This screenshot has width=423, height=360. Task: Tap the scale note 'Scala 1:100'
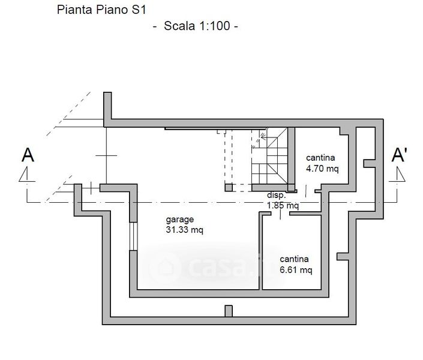(196, 27)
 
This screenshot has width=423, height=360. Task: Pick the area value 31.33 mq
(185, 230)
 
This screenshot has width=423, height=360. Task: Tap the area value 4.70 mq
(322, 169)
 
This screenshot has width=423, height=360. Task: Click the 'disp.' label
(277, 196)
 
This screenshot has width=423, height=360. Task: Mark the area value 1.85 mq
(283, 205)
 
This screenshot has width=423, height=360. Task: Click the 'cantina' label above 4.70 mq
(320, 158)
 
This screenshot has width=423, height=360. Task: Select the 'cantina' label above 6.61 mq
(294, 259)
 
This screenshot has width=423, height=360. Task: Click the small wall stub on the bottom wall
(228, 311)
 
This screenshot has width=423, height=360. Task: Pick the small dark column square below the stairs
(229, 188)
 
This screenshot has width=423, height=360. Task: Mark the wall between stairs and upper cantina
(291, 157)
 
